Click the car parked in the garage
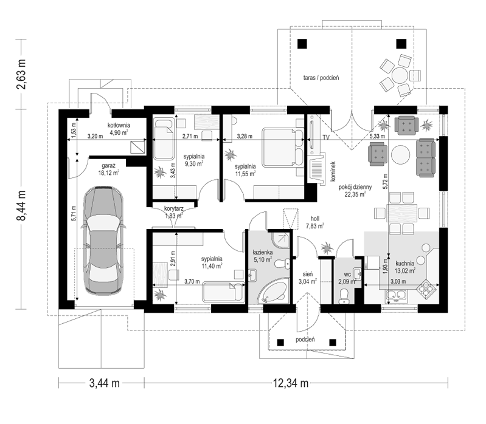(103, 240)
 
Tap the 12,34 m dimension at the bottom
(290, 383)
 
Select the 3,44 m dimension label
(105, 383)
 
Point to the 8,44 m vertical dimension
(21, 205)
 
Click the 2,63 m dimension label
(21, 74)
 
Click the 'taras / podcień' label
(321, 78)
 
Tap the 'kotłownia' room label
(119, 125)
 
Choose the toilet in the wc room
(344, 296)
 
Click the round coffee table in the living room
(400, 155)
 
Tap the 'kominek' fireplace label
(333, 171)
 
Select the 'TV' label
(325, 137)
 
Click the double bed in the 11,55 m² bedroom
(283, 148)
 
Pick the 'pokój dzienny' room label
(355, 187)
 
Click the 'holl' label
(314, 219)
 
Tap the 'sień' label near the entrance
(308, 274)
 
